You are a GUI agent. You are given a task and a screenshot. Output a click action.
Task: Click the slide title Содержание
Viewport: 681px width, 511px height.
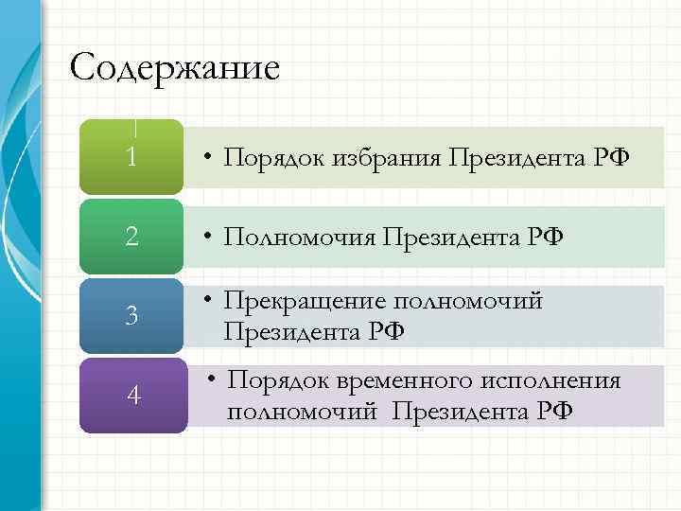[x=176, y=68]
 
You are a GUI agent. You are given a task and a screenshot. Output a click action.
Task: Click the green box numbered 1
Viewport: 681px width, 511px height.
[x=132, y=157]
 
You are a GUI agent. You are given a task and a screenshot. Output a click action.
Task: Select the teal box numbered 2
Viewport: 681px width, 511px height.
[x=132, y=236]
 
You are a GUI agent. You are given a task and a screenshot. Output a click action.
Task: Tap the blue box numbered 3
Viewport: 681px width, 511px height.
[x=132, y=315]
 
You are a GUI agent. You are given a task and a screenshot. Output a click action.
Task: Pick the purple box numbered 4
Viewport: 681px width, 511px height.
[x=132, y=396]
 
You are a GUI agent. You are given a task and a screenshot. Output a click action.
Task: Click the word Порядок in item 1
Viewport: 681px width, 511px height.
[x=275, y=158]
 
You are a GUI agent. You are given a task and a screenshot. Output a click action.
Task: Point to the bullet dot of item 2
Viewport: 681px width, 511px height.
[x=207, y=238]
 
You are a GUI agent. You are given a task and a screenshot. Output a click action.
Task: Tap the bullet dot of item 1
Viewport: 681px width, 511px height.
[x=207, y=159]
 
